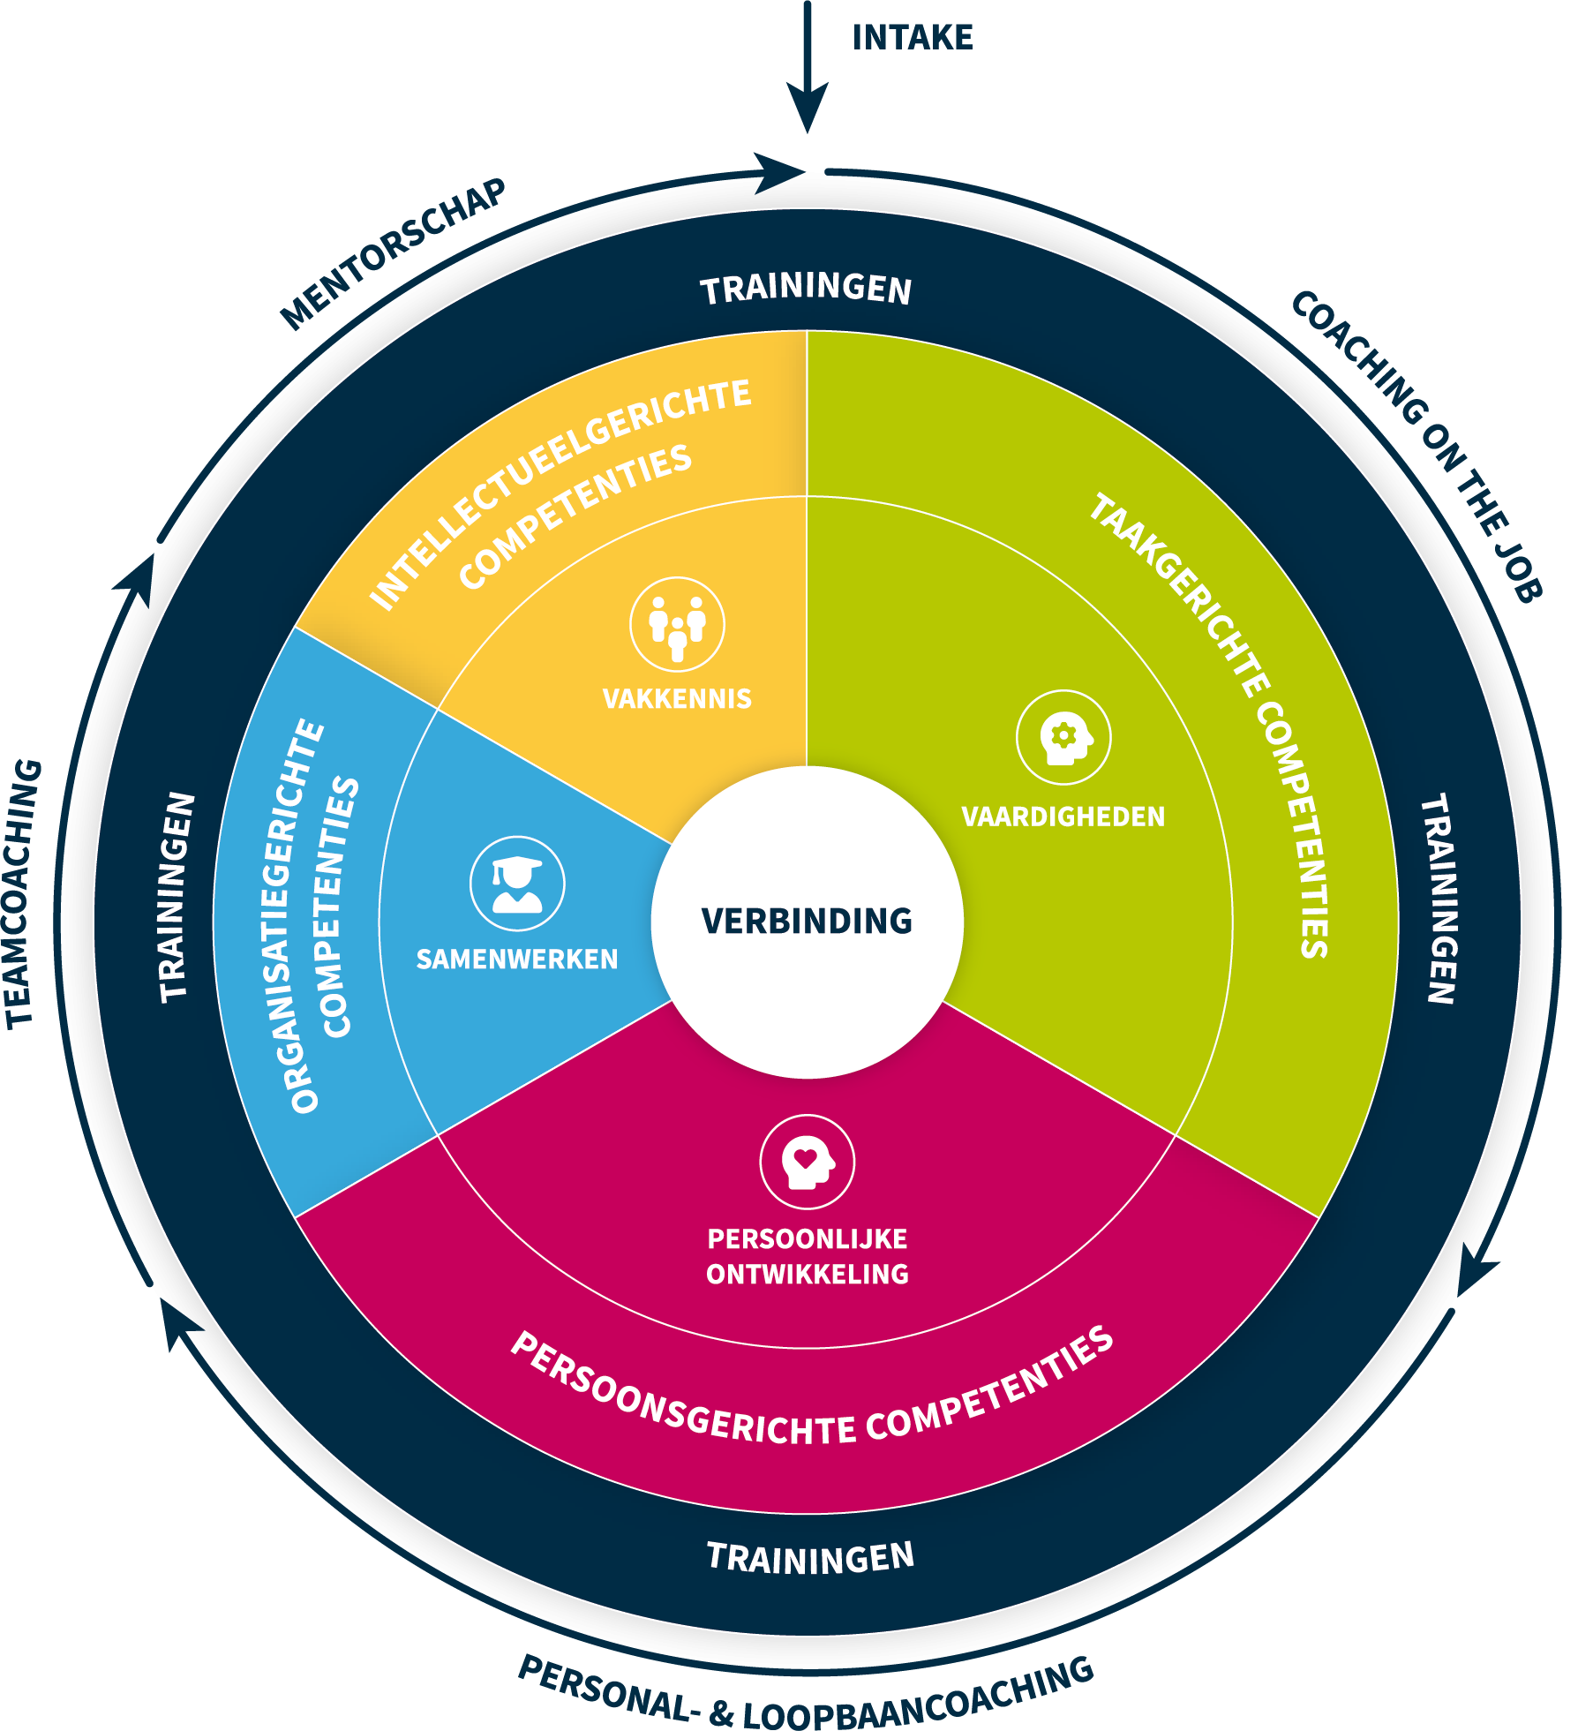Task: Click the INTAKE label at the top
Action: click(x=912, y=38)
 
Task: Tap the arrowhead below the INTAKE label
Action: click(x=807, y=106)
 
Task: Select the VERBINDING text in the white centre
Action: click(x=807, y=921)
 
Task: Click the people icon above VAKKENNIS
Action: click(x=677, y=623)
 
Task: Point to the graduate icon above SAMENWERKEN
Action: click(x=517, y=883)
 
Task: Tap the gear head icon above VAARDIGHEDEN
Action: click(x=1063, y=737)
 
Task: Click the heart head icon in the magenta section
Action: click(x=807, y=1162)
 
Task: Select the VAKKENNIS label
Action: click(x=677, y=699)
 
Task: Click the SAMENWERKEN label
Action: click(x=517, y=960)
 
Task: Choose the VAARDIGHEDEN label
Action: click(x=1063, y=817)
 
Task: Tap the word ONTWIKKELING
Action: click(x=807, y=1274)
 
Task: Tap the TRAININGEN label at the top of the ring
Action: click(x=806, y=290)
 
